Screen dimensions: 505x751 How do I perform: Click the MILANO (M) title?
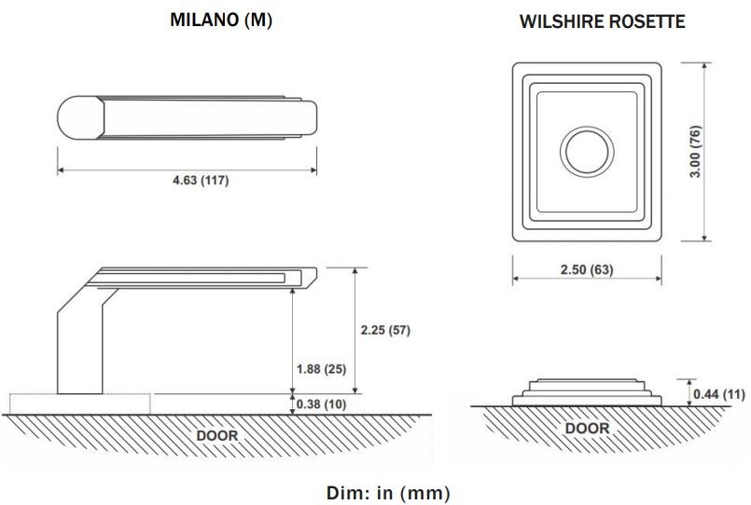click(x=220, y=21)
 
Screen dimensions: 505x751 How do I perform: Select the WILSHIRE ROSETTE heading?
click(x=603, y=21)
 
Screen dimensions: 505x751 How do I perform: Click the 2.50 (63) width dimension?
click(x=587, y=270)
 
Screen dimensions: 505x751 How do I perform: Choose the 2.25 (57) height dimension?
click(x=384, y=330)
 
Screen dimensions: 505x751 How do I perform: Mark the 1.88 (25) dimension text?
click(x=320, y=369)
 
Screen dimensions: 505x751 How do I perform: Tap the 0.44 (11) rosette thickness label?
click(x=719, y=395)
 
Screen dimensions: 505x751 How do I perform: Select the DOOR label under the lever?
click(x=217, y=435)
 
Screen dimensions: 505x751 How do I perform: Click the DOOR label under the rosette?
click(x=587, y=429)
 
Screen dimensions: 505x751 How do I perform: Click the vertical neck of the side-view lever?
click(x=77, y=349)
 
